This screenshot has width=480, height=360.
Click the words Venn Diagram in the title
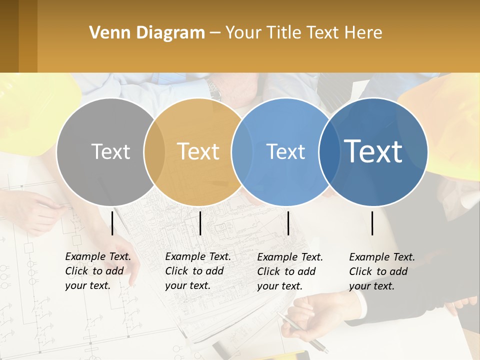(147, 33)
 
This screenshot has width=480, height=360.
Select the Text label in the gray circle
(110, 151)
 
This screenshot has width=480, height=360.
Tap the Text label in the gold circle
(198, 151)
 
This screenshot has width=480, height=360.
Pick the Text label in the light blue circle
(285, 151)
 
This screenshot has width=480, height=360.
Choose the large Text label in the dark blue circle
(373, 151)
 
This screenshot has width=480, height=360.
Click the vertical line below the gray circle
(112, 223)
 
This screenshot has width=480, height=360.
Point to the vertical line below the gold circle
(200, 223)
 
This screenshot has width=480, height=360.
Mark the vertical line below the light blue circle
(288, 223)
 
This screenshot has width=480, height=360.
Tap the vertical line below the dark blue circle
(372, 223)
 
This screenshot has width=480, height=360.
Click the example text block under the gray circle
(98, 271)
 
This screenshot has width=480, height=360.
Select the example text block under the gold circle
(198, 271)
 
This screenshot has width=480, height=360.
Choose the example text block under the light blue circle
(290, 271)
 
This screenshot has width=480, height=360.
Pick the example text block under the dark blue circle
(382, 271)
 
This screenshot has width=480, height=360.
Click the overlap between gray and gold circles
(154, 152)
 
